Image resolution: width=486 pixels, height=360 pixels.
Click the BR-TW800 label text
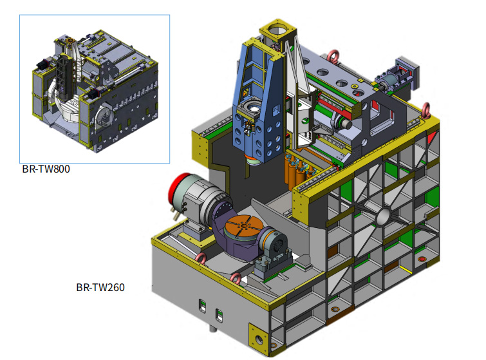[46, 169]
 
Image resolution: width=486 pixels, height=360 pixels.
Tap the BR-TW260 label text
[100, 287]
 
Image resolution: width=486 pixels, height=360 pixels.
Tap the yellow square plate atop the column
[278, 30]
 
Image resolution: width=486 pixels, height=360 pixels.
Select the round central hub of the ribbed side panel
[384, 217]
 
